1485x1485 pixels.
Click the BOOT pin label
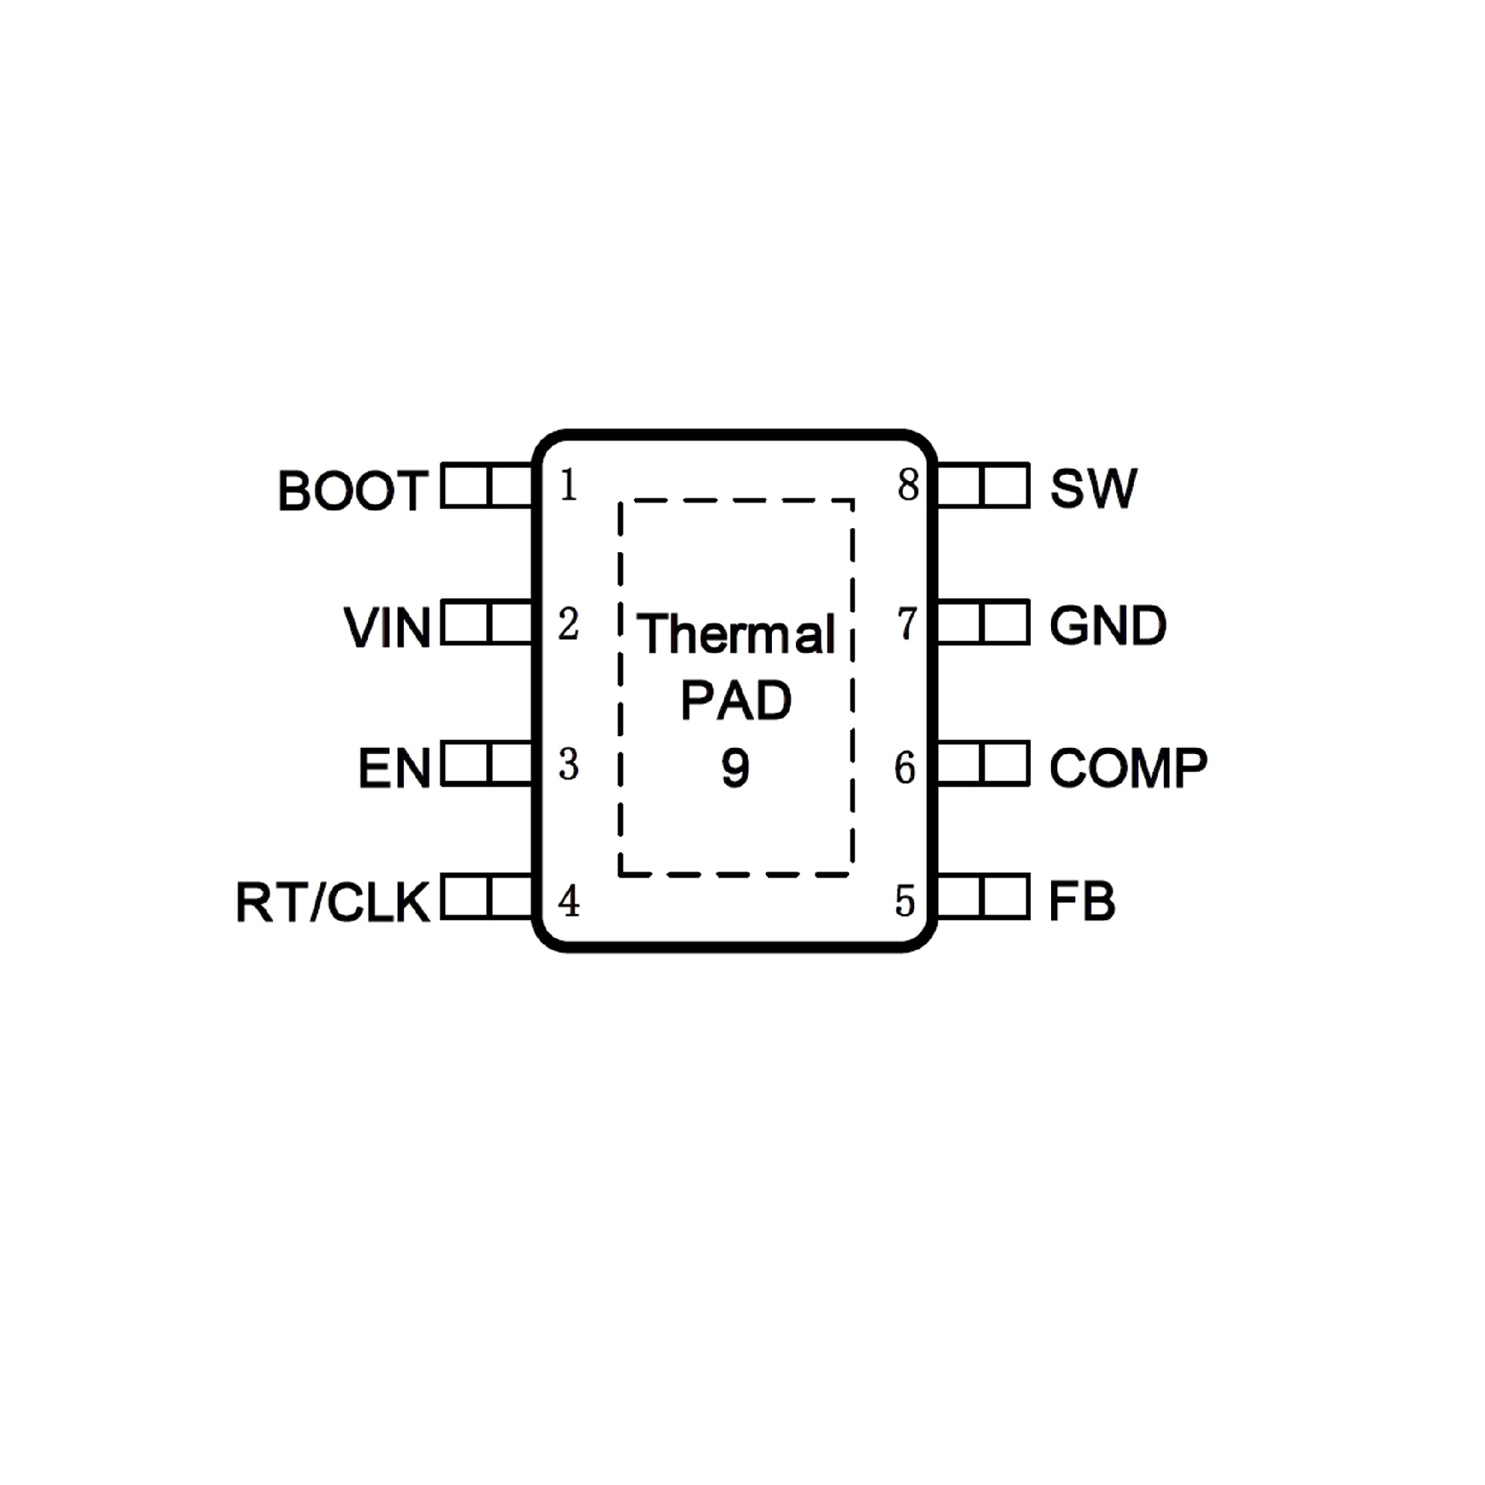point(353,490)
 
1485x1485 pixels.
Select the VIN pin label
point(387,627)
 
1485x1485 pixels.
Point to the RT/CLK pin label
point(333,902)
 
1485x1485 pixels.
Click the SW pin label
point(1093,488)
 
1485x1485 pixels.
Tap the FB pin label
point(1081,902)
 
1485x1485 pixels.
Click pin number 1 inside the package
point(568,486)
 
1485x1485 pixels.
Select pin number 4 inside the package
point(569,901)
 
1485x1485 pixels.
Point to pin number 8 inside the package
point(908,486)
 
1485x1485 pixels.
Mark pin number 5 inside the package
point(905,901)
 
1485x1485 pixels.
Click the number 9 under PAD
point(735,768)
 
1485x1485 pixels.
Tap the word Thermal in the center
point(736,634)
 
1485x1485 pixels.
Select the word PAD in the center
point(736,701)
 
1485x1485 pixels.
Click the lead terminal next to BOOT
point(487,486)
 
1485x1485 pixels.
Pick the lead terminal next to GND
point(982,623)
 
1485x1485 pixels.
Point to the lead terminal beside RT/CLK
point(487,897)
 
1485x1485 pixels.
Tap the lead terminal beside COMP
point(982,764)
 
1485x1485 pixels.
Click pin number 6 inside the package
point(905,767)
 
